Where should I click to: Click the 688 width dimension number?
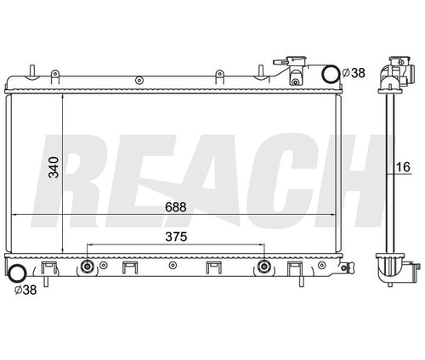176,207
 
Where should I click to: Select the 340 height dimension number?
54,167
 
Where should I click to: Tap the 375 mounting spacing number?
176,237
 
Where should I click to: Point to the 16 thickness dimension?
403,167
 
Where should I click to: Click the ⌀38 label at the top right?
354,73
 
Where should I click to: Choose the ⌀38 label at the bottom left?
25,290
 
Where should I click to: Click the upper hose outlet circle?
331,74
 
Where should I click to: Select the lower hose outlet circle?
18,273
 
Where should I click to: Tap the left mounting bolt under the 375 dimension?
87,266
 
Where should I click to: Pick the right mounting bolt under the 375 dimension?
264,266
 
